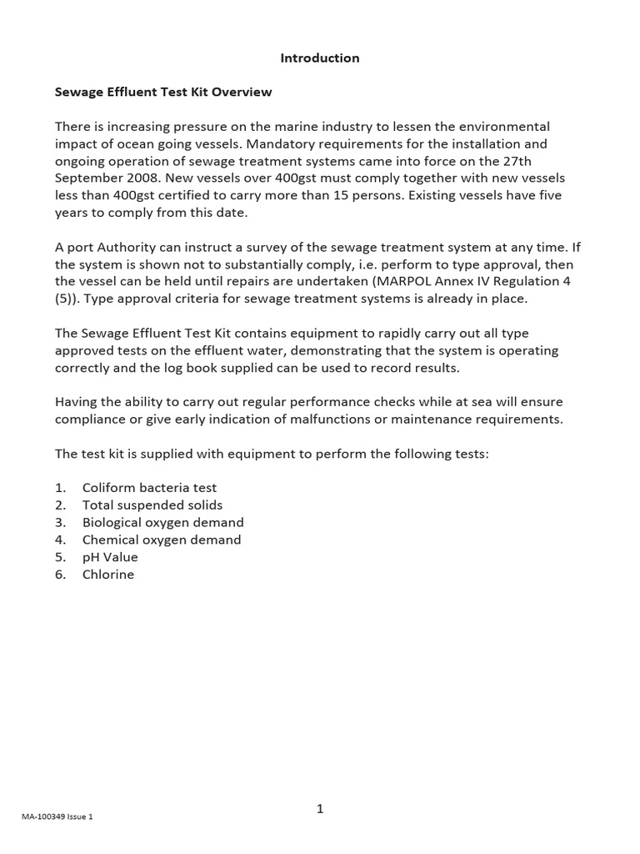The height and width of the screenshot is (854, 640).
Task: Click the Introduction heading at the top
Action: point(320,58)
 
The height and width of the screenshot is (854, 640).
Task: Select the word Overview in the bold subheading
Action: point(242,93)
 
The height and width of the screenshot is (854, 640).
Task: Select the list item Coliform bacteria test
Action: point(149,488)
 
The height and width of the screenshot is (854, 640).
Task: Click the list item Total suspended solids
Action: point(152,505)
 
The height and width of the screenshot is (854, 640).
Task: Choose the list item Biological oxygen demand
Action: point(162,523)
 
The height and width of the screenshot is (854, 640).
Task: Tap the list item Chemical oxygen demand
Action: point(162,540)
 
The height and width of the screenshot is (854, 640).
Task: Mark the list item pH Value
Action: point(110,557)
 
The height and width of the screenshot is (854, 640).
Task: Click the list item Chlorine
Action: point(108,575)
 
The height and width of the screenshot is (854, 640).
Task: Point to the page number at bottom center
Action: point(320,809)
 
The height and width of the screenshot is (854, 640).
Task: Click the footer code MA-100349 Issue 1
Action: point(57,816)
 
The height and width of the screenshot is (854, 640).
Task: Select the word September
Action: point(87,178)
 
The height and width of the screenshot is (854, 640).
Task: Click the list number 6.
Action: point(60,575)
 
